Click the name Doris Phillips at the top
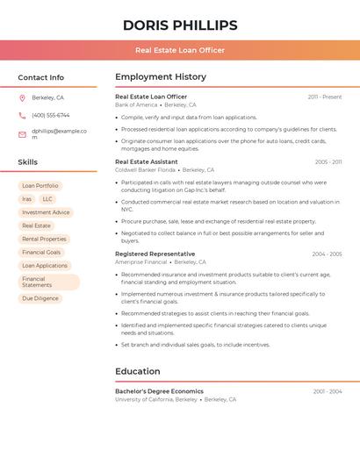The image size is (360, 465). pos(180,25)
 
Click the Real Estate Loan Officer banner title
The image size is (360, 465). pos(180,50)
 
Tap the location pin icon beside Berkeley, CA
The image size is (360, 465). pos(22,97)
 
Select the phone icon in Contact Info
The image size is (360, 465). pos(22,115)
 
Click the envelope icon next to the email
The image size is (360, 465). pos(22,134)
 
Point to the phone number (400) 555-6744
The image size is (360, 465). pos(50,115)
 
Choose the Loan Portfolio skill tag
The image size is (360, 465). pos(40,186)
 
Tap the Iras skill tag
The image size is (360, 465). pos(26,199)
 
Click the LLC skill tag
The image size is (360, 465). pos(47,199)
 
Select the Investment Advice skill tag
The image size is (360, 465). pos(46,212)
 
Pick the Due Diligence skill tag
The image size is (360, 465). pos(40,298)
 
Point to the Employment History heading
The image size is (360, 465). pos(161,76)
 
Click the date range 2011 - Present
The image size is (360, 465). pos(325,97)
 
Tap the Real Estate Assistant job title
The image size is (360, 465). pos(147,161)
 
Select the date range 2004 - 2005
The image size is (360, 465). pos(327,254)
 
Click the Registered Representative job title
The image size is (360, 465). pos(155,254)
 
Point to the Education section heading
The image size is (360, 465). pos(138,371)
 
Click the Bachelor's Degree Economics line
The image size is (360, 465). pos(159,391)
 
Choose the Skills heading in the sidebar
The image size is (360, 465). pos(28,162)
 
